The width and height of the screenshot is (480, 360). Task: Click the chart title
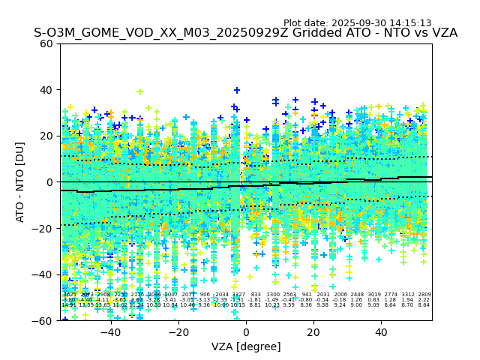[x=245, y=34]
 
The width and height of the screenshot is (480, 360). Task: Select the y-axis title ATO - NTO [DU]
[x=21, y=181]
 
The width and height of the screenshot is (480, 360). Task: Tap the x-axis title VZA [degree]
[x=246, y=346]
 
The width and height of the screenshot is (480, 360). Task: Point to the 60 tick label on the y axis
[x=46, y=43]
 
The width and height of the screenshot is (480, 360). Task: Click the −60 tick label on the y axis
[x=43, y=320]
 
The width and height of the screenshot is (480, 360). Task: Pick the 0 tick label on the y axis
[x=49, y=182]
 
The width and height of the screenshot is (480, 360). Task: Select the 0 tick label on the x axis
[x=246, y=332]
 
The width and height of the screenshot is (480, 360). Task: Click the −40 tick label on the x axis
[x=110, y=332]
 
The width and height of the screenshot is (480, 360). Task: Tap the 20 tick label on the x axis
[x=313, y=332]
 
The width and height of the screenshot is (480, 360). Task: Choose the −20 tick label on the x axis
[x=178, y=332]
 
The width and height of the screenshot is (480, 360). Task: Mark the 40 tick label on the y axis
[x=46, y=90]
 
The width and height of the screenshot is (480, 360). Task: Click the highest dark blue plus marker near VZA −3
[x=237, y=91]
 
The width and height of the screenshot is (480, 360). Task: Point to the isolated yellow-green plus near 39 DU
[x=139, y=92]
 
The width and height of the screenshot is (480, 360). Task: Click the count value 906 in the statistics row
[x=205, y=295]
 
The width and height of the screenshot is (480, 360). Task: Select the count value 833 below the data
[x=256, y=295]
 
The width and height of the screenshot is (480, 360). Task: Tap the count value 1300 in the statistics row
[x=272, y=295]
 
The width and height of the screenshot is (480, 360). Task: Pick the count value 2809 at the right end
[x=424, y=295]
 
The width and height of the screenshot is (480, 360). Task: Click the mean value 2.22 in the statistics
[x=424, y=300]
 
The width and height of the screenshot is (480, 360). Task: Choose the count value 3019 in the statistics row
[x=373, y=295]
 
